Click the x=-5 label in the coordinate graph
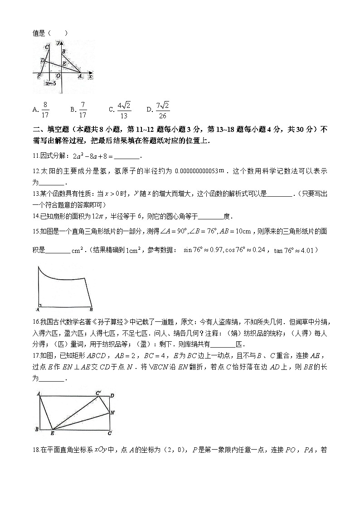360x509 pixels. point(50,83)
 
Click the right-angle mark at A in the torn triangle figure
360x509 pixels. point(40,305)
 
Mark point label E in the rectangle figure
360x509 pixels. point(53,433)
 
